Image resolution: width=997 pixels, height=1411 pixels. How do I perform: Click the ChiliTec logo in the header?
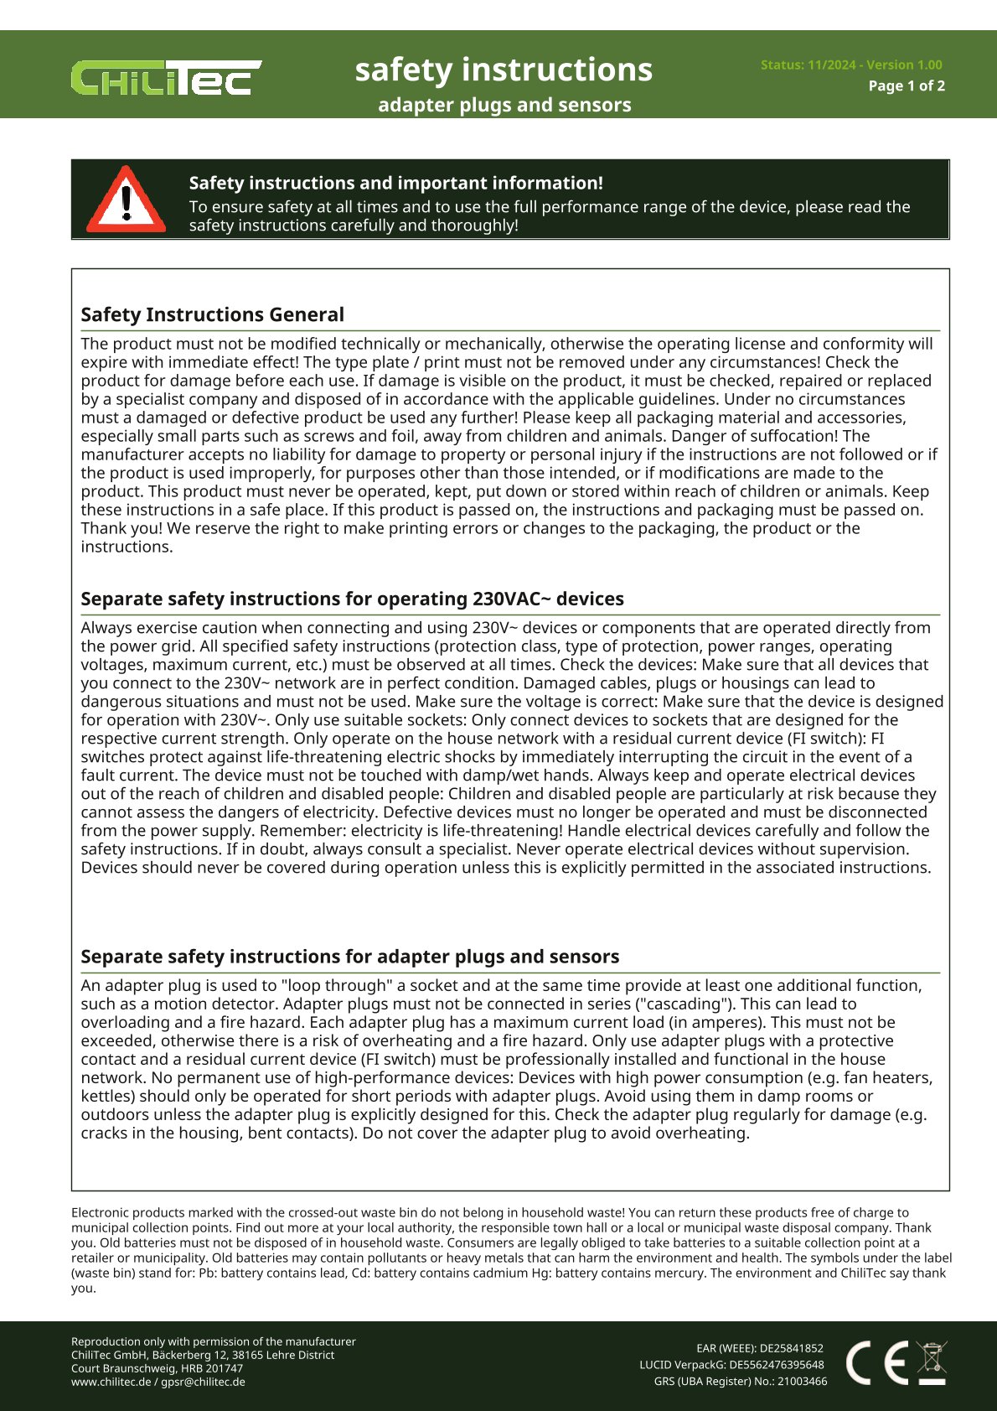coord(166,78)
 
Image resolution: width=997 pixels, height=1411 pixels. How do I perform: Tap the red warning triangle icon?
coord(127,200)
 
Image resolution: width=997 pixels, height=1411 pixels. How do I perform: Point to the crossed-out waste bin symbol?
coord(932,1362)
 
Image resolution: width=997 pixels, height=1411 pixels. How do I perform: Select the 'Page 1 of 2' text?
coord(907,86)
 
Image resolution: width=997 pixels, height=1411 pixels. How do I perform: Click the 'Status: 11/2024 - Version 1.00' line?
coord(851,65)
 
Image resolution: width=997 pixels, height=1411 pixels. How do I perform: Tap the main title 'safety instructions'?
coord(504,70)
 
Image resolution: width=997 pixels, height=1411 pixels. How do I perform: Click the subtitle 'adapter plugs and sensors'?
coord(504,105)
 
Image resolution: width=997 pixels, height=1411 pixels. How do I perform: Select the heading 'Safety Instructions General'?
coord(212,314)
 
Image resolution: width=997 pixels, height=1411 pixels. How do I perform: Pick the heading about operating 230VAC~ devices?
coord(352,599)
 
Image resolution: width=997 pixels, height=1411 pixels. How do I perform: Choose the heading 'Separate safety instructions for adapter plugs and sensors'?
coord(349,957)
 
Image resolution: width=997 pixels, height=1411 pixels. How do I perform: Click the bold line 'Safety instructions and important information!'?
coord(395,183)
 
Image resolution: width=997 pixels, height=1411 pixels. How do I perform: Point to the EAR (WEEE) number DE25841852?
coord(791,1348)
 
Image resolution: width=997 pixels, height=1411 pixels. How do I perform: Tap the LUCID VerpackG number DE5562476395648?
coord(776,1364)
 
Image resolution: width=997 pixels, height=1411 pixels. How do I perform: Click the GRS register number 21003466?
coord(802,1381)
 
